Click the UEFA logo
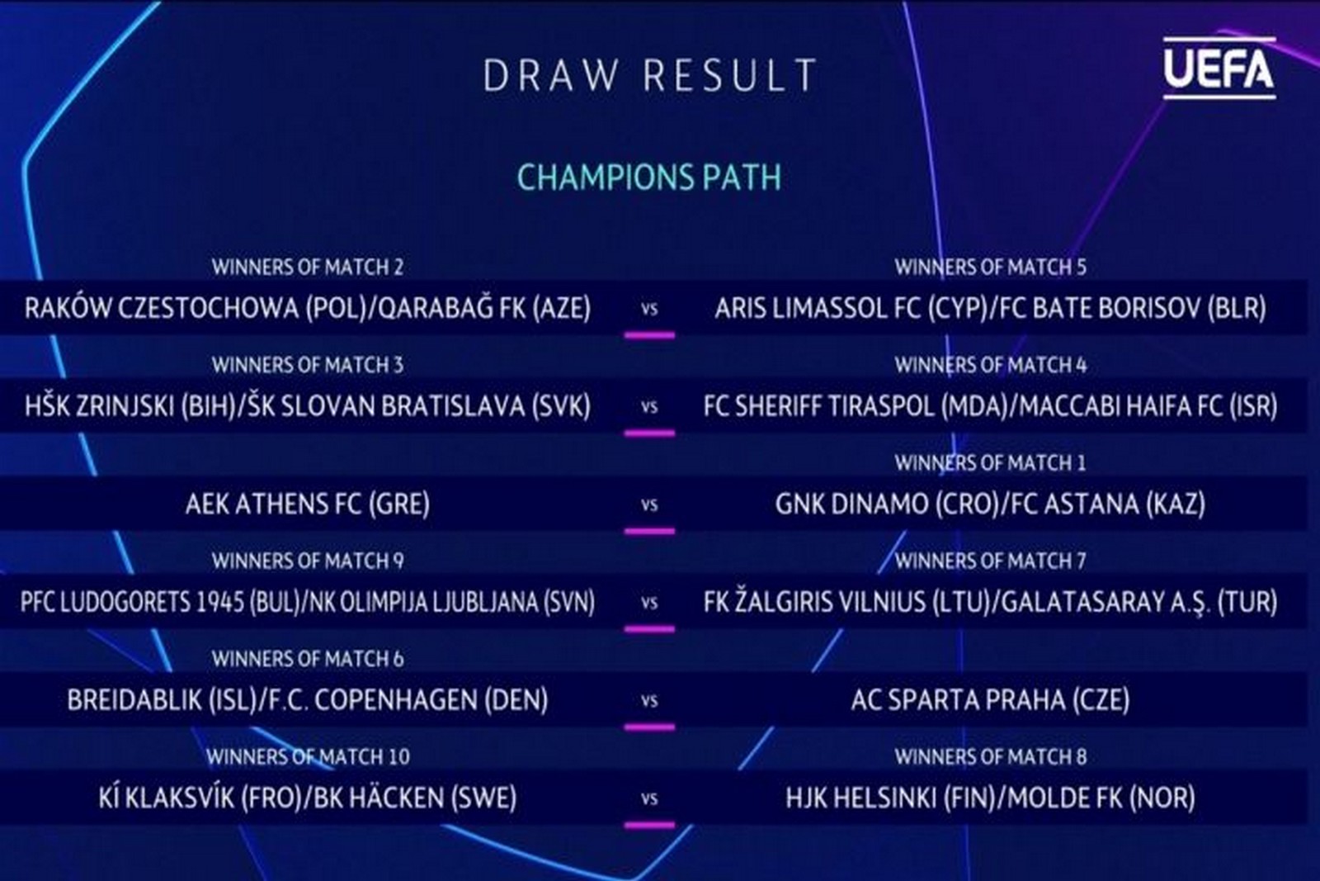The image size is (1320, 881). pos(1219,69)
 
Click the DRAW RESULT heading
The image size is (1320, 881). pos(650,75)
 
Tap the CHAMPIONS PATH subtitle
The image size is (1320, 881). pos(649,177)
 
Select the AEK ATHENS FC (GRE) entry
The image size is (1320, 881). pos(308,504)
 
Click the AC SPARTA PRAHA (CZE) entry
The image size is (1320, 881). pos(991,700)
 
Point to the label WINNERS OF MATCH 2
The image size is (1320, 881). pos(308,268)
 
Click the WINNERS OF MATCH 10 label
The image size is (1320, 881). pos(308,756)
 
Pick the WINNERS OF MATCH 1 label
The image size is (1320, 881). pos(991,463)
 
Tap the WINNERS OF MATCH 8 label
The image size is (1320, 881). pos(991,756)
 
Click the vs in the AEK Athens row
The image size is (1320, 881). pos(649,505)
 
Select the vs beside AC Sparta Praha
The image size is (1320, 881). pos(649,701)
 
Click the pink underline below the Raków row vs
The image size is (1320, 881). pos(649,335)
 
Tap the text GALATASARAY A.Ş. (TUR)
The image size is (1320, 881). pos(1139,602)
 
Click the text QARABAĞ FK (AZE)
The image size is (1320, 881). pos(484,309)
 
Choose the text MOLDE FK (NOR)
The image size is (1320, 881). pos(1101,798)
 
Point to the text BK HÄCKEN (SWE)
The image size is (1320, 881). pos(415,798)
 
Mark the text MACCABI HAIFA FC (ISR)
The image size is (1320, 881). pos(1148,406)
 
